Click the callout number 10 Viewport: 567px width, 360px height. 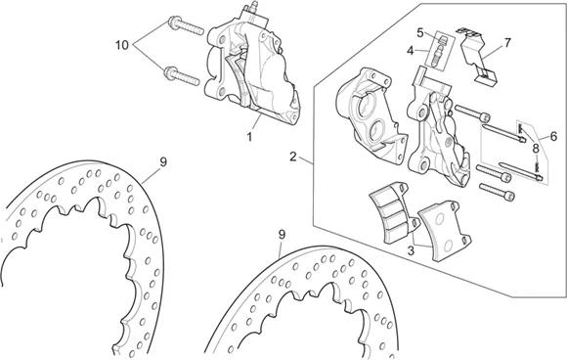[x=122, y=46]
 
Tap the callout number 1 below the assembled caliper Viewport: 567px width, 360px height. [x=249, y=137]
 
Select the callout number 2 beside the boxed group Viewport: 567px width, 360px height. [x=293, y=157]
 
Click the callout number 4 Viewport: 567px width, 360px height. [x=419, y=32]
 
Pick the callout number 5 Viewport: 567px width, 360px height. [x=553, y=136]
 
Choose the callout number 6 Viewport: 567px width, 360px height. [x=507, y=43]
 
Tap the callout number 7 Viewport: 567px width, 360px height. [x=536, y=149]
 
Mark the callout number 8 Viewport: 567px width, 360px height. [x=163, y=162]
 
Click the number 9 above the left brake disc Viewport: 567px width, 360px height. [x=282, y=235]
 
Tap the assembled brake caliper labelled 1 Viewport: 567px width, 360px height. [x=251, y=68]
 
